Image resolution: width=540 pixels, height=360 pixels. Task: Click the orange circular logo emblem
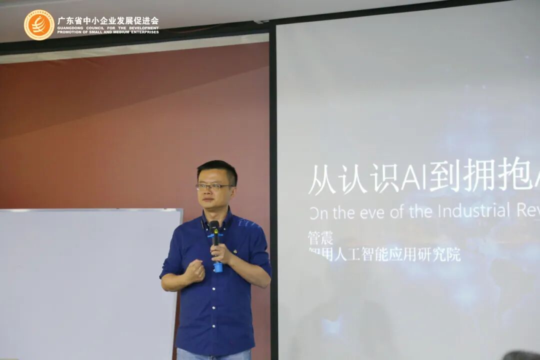tap(39, 24)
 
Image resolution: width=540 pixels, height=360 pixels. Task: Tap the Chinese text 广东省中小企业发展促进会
tap(107, 21)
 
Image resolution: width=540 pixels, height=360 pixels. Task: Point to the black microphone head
tap(214, 227)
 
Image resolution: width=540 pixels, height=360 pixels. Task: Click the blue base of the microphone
tap(218, 267)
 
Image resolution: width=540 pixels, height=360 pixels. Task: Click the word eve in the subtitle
tap(367, 212)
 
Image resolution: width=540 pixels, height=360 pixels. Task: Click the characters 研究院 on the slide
tap(439, 254)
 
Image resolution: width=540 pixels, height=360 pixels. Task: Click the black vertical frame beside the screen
tap(273, 200)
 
